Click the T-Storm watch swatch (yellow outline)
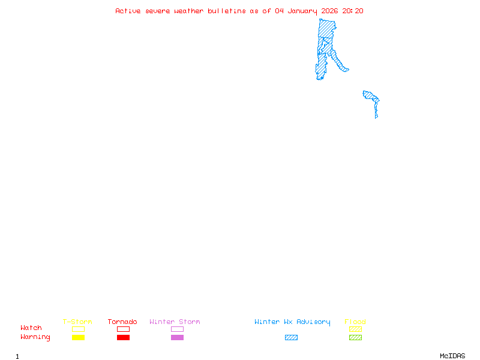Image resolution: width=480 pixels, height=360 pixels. (78, 329)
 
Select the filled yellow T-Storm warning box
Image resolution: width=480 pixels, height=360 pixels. (78, 337)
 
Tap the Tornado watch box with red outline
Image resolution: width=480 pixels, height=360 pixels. (123, 329)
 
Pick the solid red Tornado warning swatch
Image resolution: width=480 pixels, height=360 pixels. (123, 337)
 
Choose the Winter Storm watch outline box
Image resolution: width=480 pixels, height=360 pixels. (177, 329)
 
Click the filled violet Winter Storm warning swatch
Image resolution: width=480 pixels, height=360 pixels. (177, 337)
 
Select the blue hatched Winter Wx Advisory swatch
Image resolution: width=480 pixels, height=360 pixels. (291, 337)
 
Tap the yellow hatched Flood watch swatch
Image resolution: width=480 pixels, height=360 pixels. (355, 329)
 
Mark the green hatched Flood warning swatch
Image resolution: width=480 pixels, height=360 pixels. (355, 337)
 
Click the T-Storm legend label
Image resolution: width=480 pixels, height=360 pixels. (77, 322)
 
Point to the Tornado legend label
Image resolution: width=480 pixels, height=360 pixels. (122, 322)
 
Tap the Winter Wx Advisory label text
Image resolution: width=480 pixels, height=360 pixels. (292, 322)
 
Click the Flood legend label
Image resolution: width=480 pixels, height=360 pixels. (355, 322)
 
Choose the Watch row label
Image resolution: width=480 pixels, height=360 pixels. (31, 328)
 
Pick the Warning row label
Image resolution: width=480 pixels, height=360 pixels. (35, 337)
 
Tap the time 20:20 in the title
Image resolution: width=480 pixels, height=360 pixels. (353, 11)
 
